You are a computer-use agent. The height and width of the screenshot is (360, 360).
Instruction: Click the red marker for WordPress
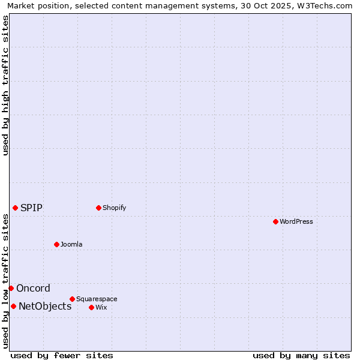point(275,221)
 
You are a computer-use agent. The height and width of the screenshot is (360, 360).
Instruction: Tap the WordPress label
point(296,221)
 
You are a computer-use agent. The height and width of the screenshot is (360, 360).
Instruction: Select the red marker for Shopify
point(98,208)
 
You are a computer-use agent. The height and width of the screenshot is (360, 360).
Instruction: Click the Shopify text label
point(115,208)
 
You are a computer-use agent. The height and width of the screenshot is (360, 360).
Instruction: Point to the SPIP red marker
point(15,208)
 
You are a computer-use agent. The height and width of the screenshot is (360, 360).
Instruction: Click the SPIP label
point(32,208)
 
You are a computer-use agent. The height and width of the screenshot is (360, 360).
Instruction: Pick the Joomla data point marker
point(56,244)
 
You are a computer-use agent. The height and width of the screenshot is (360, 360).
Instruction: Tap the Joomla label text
point(71,244)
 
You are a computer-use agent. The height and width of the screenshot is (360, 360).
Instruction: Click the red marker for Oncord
point(11,288)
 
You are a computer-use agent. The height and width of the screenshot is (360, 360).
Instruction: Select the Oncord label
point(34,288)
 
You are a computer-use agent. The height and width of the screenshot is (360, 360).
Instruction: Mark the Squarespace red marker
point(72,299)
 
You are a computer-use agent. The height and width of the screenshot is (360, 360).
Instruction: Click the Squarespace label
point(97,299)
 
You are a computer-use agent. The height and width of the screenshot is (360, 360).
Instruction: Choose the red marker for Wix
point(91,307)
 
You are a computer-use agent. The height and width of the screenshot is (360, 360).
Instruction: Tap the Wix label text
point(101,307)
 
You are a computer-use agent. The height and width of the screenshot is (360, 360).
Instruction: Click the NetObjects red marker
point(13,306)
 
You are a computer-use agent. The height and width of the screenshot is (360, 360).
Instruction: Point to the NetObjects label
point(45,306)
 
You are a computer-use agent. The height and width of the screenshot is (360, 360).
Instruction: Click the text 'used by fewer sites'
point(62,355)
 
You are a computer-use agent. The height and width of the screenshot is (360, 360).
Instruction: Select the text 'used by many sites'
point(301,355)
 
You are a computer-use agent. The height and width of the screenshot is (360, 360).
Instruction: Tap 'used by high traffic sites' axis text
point(5,85)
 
